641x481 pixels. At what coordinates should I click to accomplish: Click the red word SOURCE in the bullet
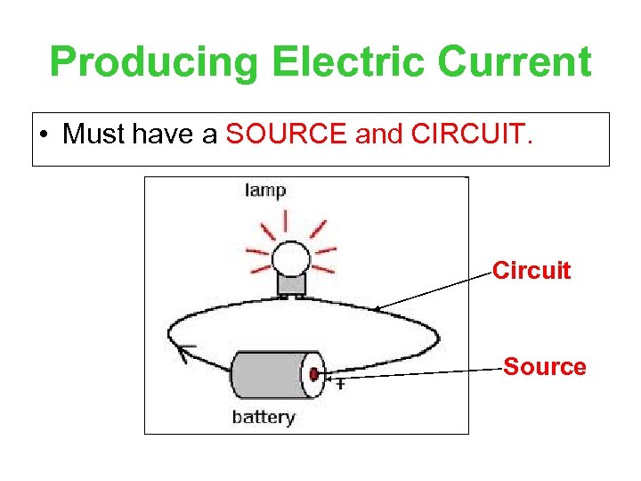[x=287, y=135]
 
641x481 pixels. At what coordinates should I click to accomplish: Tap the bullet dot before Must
[x=44, y=135]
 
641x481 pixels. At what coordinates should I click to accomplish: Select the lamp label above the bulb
[x=264, y=190]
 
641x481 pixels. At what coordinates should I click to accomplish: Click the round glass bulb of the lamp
[x=290, y=258]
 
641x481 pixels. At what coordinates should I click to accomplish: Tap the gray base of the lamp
[x=291, y=284]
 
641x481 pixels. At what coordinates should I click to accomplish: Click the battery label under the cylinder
[x=263, y=417]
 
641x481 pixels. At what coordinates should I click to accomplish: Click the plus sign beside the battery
[x=339, y=385]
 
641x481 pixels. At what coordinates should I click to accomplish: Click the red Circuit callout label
[x=531, y=271]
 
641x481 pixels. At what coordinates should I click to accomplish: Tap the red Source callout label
[x=545, y=367]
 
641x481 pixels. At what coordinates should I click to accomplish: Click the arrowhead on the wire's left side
[x=184, y=354]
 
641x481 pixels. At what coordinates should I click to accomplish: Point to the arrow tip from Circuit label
[x=375, y=311]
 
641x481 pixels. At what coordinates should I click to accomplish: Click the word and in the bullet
[x=379, y=135]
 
